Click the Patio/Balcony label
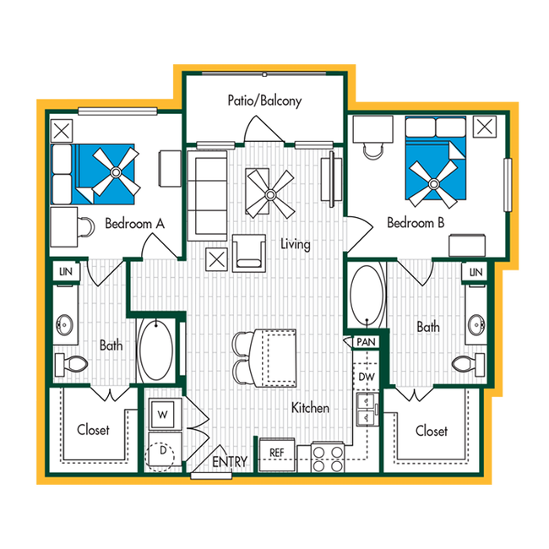[264, 101]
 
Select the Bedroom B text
[416, 224]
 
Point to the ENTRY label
[229, 462]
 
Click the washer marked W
[162, 415]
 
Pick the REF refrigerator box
[275, 453]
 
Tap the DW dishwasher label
[366, 377]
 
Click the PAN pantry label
[365, 342]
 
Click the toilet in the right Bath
[463, 364]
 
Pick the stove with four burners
[327, 457]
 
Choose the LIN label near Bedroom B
[476, 272]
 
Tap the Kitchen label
[310, 408]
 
